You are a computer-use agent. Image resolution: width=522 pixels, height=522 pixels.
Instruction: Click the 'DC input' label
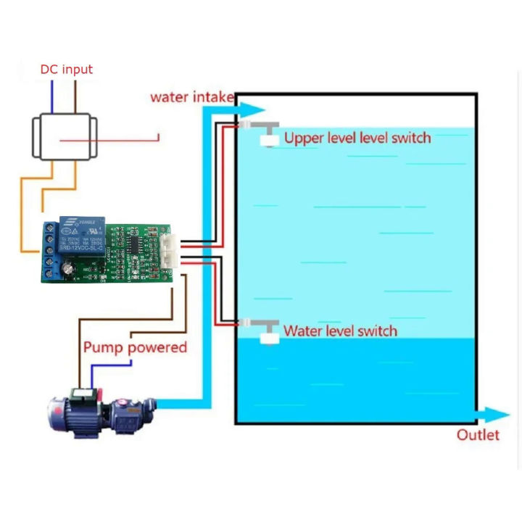coord(67,70)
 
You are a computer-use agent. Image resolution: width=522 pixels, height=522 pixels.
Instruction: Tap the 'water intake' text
coord(191,96)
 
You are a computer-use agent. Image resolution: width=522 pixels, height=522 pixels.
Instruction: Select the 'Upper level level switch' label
coord(357,138)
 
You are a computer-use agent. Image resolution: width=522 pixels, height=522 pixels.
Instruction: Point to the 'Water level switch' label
coord(340,331)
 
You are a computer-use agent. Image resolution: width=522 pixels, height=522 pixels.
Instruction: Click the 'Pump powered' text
coord(135,347)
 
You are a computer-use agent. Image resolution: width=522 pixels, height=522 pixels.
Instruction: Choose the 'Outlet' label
coord(478,435)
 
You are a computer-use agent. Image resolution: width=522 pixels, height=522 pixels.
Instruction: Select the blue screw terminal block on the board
coord(50,249)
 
